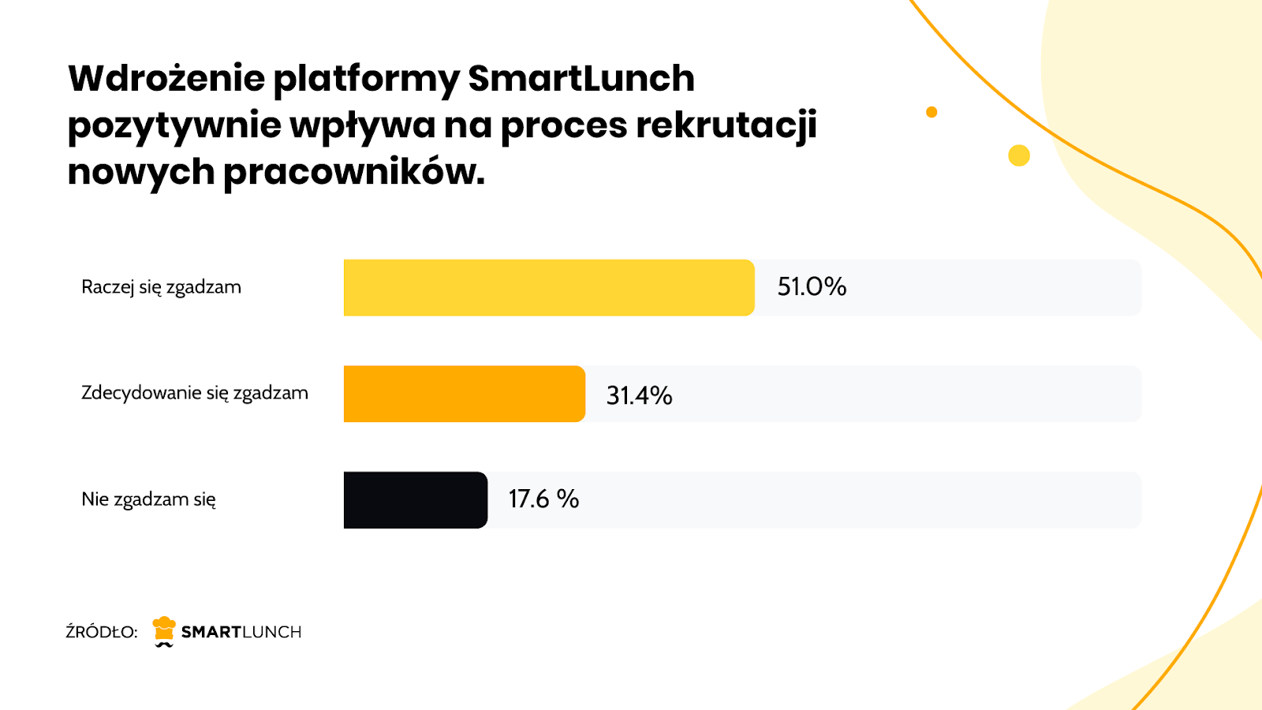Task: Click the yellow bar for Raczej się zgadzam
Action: point(549,288)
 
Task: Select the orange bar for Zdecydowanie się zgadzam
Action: point(465,394)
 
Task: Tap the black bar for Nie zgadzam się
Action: point(416,500)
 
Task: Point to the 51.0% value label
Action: point(812,286)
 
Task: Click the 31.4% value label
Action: point(639,395)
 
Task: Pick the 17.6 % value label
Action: point(543,499)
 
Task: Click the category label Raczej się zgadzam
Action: point(161,287)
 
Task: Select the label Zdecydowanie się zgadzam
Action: point(195,393)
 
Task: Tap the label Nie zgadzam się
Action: point(148,499)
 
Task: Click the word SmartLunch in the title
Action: point(581,79)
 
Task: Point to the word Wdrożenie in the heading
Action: point(166,79)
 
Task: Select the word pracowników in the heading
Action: point(353,172)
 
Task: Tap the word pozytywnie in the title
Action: point(174,126)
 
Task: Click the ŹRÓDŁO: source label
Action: point(101,632)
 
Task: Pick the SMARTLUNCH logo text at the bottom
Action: point(241,632)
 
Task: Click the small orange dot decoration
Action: point(932,112)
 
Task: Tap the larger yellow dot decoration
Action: point(1019,155)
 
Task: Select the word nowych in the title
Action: point(140,172)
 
